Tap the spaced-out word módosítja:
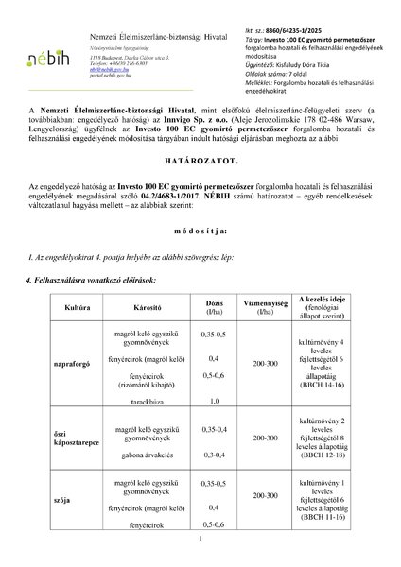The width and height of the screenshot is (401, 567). point(200,258)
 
